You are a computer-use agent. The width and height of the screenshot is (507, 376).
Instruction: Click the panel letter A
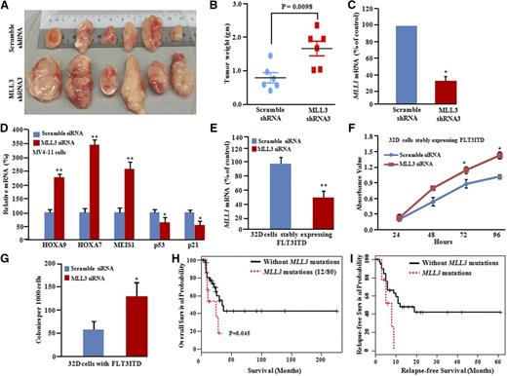click(7, 7)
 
